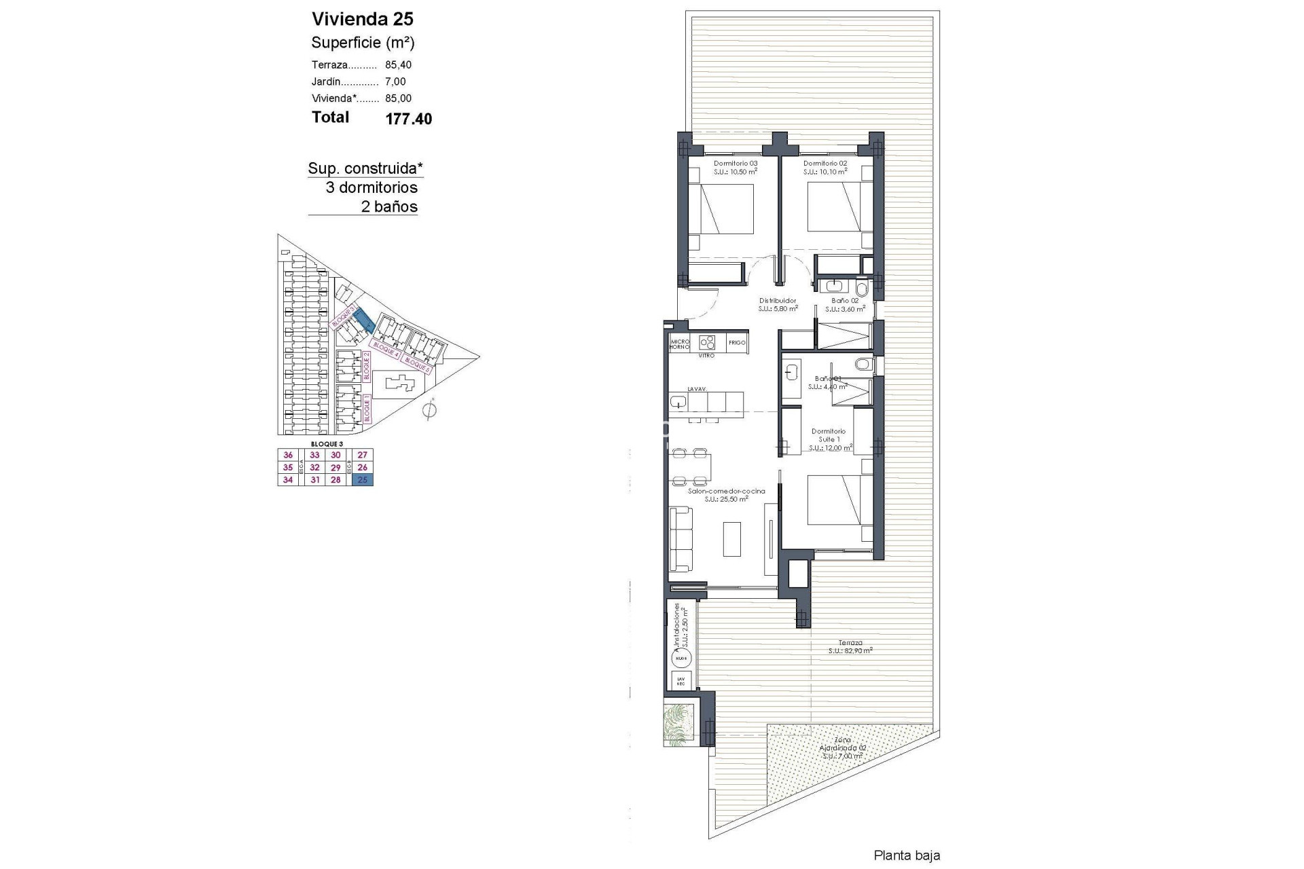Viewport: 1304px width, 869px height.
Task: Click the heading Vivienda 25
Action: point(362,18)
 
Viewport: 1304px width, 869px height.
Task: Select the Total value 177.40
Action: point(408,119)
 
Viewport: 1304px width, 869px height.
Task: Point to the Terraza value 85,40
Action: point(398,65)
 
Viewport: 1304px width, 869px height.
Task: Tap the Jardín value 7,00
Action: point(395,81)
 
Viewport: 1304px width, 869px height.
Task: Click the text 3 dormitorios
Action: point(372,187)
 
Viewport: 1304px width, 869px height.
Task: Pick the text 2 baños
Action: point(389,207)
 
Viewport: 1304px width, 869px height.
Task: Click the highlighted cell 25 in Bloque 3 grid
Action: point(363,480)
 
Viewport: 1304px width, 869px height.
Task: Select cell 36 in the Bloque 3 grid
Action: point(288,456)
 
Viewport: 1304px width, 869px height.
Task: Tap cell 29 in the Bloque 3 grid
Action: point(336,468)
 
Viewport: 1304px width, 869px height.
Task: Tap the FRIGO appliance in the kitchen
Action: point(737,343)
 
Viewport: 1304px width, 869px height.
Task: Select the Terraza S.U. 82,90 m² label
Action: point(850,646)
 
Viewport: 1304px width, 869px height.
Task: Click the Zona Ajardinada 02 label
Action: point(843,747)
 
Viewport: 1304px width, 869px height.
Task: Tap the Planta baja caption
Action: point(906,855)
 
